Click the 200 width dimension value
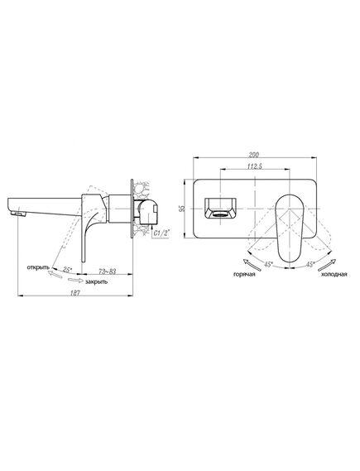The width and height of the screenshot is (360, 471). point(254,155)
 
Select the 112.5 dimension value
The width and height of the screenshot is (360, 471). point(255,166)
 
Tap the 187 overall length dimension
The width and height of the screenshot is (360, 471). point(75,293)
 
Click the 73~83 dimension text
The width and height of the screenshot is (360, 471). point(108,272)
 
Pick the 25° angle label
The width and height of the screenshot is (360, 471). point(67,270)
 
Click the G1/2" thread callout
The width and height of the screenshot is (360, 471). point(161,233)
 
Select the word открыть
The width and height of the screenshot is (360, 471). point(38,267)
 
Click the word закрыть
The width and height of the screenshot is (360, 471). point(96,281)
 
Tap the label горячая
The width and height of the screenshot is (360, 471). point(244,274)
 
